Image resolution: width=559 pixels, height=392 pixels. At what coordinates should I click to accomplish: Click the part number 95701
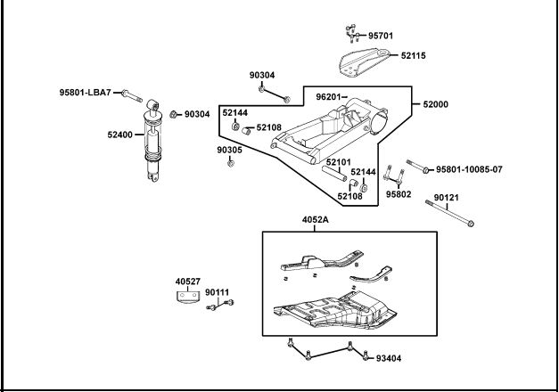[x=381, y=37]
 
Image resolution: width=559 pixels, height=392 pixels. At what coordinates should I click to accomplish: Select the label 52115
[x=413, y=55]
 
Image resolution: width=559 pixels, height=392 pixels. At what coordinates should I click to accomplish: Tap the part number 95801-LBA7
[x=85, y=92]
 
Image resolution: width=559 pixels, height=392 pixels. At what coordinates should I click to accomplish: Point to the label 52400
[x=120, y=135]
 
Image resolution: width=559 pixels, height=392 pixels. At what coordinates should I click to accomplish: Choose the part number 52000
[x=436, y=104]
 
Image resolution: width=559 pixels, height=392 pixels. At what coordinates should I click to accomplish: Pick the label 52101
[x=338, y=162]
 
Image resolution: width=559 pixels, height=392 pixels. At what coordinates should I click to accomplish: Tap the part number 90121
[x=448, y=198]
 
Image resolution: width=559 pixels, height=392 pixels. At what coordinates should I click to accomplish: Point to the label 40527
[x=188, y=282]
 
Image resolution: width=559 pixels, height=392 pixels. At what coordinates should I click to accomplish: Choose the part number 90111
[x=217, y=292]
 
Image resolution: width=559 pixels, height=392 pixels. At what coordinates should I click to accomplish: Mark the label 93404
[x=389, y=359]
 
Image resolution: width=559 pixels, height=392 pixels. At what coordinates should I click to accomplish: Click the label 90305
[x=229, y=151]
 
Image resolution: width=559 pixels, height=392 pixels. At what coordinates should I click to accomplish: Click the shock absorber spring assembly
[x=154, y=143]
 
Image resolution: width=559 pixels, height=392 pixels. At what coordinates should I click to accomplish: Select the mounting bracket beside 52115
[x=366, y=65]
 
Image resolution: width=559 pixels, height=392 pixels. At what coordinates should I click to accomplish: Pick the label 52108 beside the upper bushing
[x=268, y=127]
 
